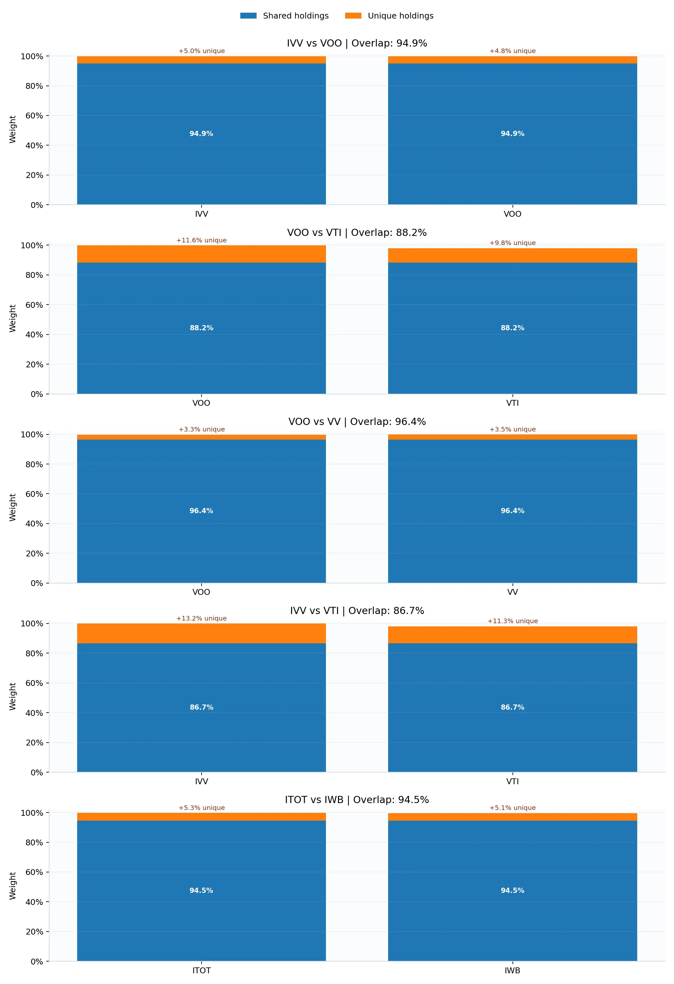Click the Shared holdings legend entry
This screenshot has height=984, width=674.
284,16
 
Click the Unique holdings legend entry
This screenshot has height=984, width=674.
389,16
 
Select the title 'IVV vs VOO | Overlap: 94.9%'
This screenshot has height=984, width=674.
357,43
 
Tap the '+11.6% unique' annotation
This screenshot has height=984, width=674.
201,240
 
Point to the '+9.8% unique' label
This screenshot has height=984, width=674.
512,243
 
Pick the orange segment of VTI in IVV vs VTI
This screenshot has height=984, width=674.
512,635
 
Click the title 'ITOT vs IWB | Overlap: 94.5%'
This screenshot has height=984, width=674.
357,799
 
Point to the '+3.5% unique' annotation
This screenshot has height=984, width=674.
512,429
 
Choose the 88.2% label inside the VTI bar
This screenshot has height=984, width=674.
512,328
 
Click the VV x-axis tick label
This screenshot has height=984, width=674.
512,592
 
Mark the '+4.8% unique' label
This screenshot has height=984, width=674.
512,51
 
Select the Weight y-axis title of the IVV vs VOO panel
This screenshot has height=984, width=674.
12,130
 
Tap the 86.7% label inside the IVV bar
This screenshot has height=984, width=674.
201,707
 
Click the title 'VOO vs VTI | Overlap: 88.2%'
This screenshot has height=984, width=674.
357,232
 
